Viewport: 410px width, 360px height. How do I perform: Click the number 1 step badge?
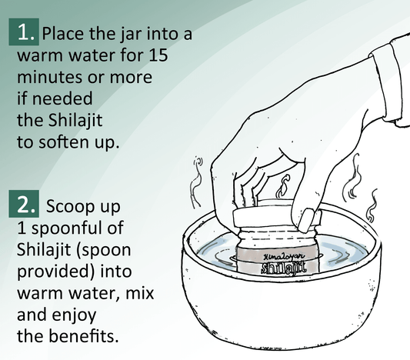point(24,33)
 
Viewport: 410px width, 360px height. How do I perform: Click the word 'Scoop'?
point(68,208)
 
